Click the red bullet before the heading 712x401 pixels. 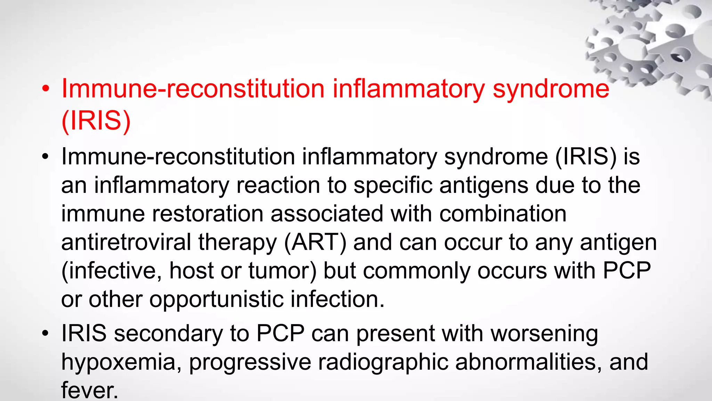46,89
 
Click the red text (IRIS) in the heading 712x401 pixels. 96,120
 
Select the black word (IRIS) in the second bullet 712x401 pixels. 585,157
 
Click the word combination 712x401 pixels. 503,213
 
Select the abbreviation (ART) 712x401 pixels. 315,242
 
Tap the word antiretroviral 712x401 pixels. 126,242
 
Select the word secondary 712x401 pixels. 168,333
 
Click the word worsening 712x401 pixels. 544,333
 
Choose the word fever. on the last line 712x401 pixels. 90,391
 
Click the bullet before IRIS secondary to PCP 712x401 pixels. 46,333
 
